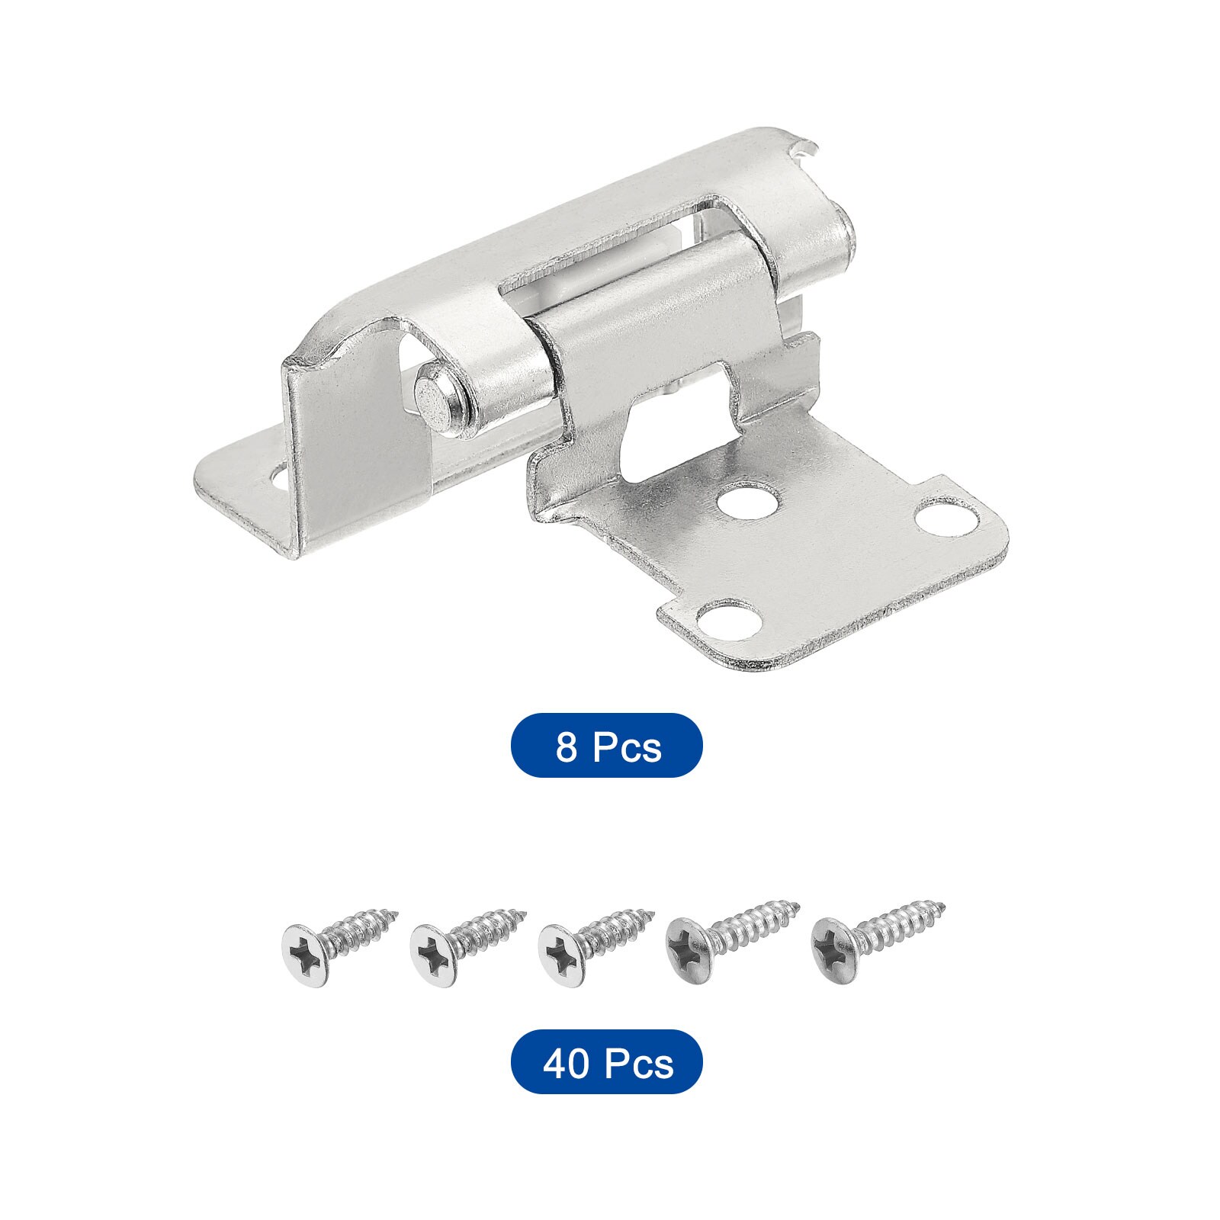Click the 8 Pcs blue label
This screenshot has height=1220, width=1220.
point(606,746)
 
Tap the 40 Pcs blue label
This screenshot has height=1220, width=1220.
point(606,1062)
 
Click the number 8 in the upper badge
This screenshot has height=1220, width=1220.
point(566,746)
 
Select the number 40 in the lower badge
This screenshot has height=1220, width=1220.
point(565,1063)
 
